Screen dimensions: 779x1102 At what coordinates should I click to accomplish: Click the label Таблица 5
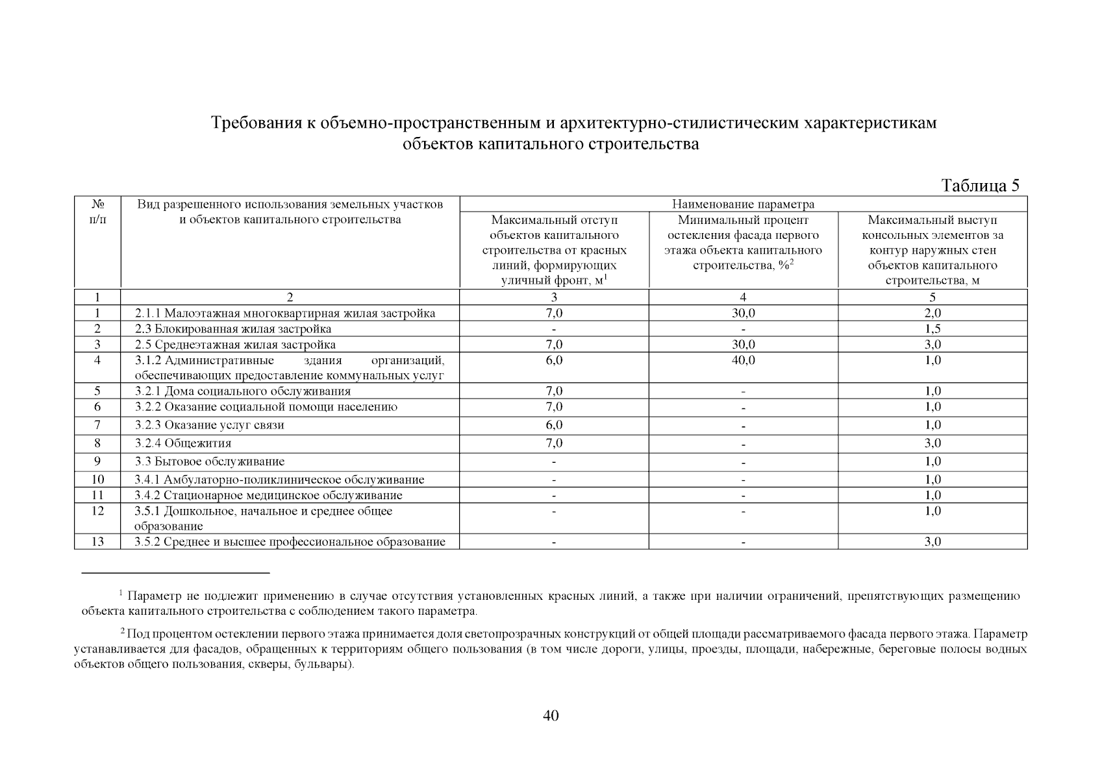pos(980,186)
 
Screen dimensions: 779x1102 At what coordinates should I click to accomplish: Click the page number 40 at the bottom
pos(550,715)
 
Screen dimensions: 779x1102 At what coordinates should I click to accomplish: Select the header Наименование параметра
pos(743,204)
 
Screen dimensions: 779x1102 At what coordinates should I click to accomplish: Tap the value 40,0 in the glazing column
pos(743,360)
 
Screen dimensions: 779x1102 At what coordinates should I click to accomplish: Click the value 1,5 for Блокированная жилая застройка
pos(933,329)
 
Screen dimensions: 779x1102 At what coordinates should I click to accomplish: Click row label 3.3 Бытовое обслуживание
pos(210,462)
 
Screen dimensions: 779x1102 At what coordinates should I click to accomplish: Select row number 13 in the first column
pos(97,541)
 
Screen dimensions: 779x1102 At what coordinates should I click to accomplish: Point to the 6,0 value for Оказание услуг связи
pos(554,425)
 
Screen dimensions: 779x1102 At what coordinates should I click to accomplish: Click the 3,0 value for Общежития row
pos(933,443)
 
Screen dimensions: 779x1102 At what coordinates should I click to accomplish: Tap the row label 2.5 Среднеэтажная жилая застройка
pos(235,345)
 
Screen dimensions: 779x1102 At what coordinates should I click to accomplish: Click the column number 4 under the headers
pos(743,297)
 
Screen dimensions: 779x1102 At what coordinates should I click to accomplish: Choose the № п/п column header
pos(97,212)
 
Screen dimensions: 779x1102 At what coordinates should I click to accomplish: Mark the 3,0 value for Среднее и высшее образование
pos(933,541)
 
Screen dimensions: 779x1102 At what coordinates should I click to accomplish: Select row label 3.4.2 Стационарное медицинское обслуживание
pos(268,495)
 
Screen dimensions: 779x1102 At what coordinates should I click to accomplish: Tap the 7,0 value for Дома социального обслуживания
pos(554,391)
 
